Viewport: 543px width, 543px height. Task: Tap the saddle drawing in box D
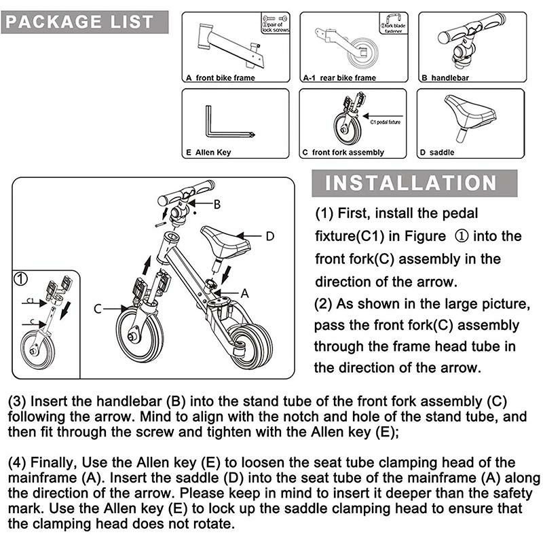tap(468, 113)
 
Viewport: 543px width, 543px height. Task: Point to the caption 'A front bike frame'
tap(221, 78)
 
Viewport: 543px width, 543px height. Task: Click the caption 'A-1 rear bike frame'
tap(339, 78)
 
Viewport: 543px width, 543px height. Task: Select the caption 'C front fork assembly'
tap(343, 153)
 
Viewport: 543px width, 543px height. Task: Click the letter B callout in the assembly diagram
tap(217, 204)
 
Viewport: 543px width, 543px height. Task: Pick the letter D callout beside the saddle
tap(269, 236)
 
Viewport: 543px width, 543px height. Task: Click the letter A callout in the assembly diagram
tap(246, 293)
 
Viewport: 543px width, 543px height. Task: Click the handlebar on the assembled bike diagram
tap(186, 196)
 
